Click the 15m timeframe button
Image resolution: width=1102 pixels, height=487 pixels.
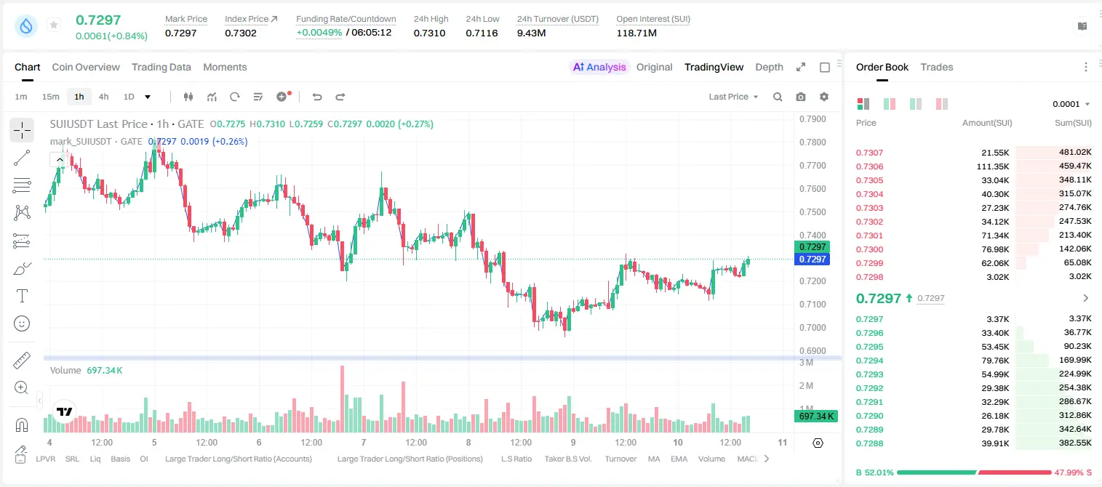(51, 97)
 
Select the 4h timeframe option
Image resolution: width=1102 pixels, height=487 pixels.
(103, 97)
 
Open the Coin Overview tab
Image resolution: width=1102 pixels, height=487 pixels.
(86, 67)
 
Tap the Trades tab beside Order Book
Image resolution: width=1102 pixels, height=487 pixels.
(937, 67)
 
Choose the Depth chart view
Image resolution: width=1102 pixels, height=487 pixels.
(769, 67)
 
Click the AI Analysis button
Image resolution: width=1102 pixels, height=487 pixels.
(599, 67)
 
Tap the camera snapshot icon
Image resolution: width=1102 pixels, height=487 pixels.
(801, 97)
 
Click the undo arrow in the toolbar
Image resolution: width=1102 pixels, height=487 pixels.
(317, 97)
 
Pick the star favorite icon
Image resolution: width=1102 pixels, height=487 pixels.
(54, 25)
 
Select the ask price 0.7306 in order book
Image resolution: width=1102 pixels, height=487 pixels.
(869, 166)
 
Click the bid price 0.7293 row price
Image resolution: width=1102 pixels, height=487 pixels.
(869, 374)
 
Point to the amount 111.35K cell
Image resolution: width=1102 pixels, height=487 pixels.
(993, 166)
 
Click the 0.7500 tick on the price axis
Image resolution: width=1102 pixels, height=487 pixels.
(812, 212)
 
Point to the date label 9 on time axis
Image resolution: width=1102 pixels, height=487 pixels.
(573, 442)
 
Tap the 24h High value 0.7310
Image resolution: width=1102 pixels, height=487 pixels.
(429, 33)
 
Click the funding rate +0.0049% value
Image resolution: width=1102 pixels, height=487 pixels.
(319, 33)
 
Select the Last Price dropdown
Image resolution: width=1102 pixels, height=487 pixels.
(733, 97)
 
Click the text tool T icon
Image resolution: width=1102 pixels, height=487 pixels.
(22, 296)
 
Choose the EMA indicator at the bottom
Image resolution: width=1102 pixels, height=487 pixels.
(679, 459)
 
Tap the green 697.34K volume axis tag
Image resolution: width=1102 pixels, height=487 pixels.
(815, 416)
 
